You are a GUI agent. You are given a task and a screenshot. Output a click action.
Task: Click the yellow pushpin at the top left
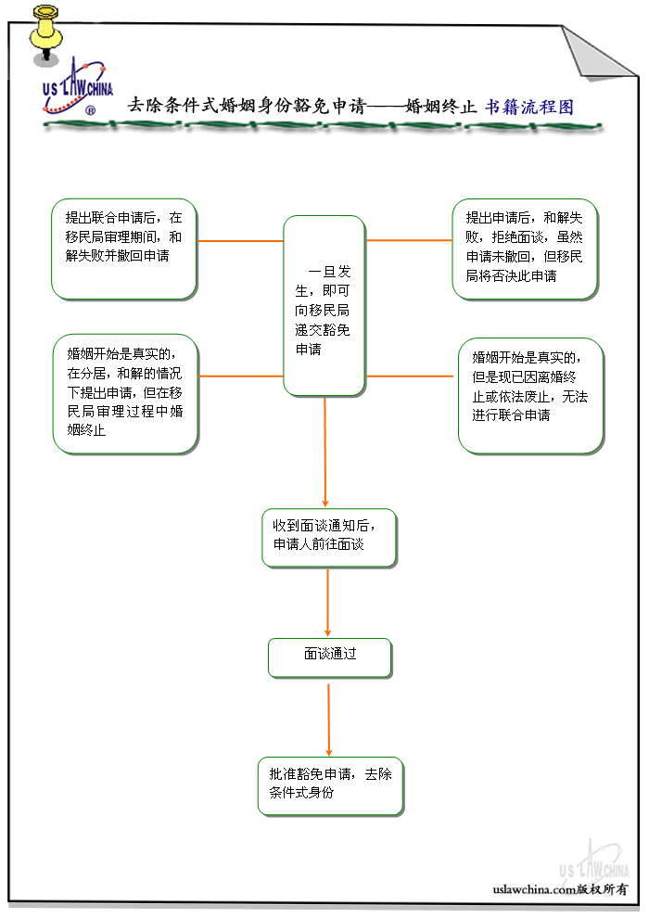(x=43, y=30)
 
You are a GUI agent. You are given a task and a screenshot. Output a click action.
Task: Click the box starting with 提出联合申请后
(x=123, y=249)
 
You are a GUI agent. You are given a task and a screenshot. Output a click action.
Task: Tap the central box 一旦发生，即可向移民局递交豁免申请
(x=324, y=304)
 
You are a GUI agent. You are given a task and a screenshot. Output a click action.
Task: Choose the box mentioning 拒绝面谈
(x=524, y=249)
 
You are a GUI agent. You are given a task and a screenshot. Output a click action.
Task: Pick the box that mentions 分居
(x=124, y=393)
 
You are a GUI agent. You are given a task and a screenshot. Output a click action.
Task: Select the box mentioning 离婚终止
(x=529, y=395)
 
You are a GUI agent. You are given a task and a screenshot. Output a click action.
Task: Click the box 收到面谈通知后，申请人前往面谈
(x=328, y=537)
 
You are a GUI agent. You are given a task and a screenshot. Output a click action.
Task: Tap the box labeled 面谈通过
(x=329, y=657)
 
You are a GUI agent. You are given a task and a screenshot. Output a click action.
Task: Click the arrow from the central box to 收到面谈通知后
(x=325, y=452)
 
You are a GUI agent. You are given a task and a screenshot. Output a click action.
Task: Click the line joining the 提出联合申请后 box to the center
(x=239, y=241)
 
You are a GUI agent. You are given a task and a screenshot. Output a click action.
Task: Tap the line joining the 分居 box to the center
(x=240, y=376)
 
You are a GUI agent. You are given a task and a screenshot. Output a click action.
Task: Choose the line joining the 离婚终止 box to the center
(x=411, y=376)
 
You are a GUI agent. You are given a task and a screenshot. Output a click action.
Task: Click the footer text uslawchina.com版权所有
(x=561, y=888)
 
